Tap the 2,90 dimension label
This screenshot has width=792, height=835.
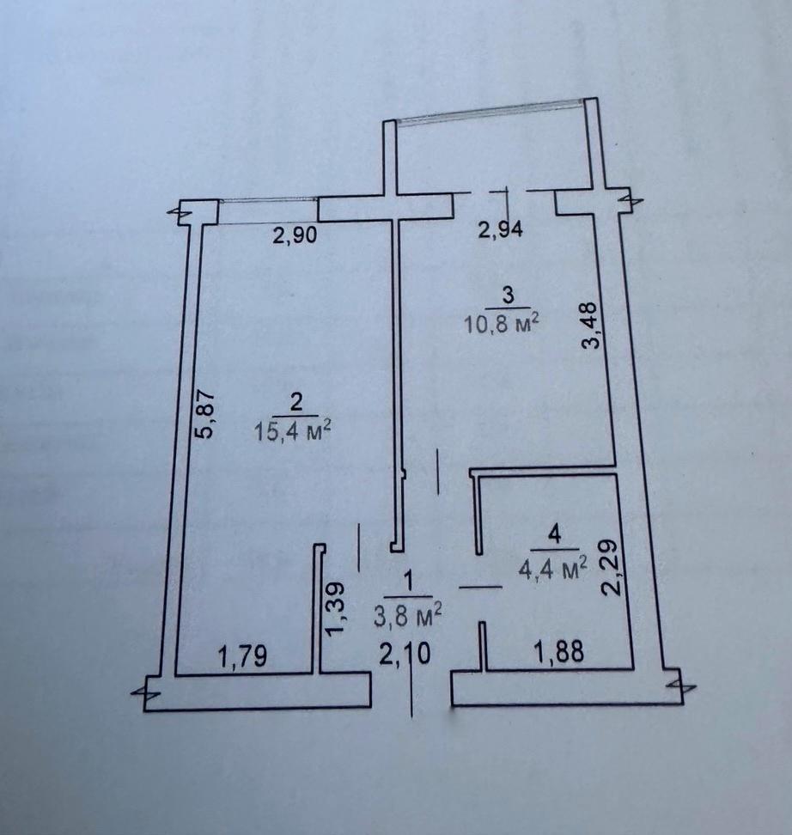pos(295,235)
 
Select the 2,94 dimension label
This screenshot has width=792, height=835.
pos(501,230)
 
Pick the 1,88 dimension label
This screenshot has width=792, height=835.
pos(560,651)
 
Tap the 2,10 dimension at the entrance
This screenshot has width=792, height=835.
pos(405,654)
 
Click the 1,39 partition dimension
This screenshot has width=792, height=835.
pos(336,609)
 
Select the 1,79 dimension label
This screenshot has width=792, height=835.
pos(242,656)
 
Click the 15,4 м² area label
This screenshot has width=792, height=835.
pos(293,430)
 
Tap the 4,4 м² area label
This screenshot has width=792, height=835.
pos(553,570)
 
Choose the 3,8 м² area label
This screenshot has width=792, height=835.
pos(408,617)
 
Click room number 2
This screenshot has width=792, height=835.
pos(296,402)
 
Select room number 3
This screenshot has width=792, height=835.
pos(509,295)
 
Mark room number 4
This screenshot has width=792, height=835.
pos(555,534)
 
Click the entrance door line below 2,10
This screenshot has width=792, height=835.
pos(411,692)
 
